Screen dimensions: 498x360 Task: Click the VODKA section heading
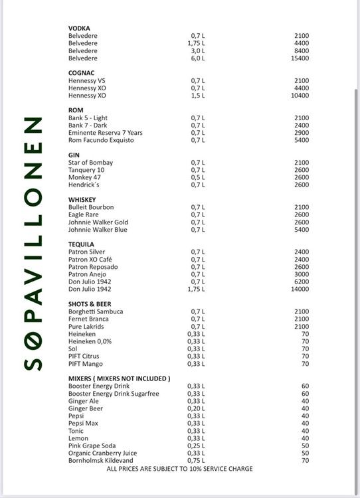(x=79, y=28)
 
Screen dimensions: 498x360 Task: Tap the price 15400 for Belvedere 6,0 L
(x=300, y=58)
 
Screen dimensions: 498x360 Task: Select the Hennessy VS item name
(x=86, y=81)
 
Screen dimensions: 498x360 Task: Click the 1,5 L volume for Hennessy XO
(x=197, y=96)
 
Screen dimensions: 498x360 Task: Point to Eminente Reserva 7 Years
(x=105, y=133)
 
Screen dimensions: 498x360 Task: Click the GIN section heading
(x=74, y=155)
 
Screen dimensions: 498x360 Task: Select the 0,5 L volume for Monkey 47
(x=198, y=177)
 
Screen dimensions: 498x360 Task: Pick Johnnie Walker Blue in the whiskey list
(x=98, y=230)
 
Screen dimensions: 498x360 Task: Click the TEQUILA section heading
(x=81, y=244)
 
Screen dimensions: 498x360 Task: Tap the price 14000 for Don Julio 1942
(x=300, y=290)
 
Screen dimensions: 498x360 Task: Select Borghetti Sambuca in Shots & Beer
(x=96, y=311)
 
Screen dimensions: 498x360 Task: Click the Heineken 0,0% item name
(x=90, y=341)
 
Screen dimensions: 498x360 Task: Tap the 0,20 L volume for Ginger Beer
(x=196, y=408)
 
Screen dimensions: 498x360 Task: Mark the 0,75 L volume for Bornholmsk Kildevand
(x=196, y=460)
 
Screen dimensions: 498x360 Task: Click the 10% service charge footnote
(x=179, y=469)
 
